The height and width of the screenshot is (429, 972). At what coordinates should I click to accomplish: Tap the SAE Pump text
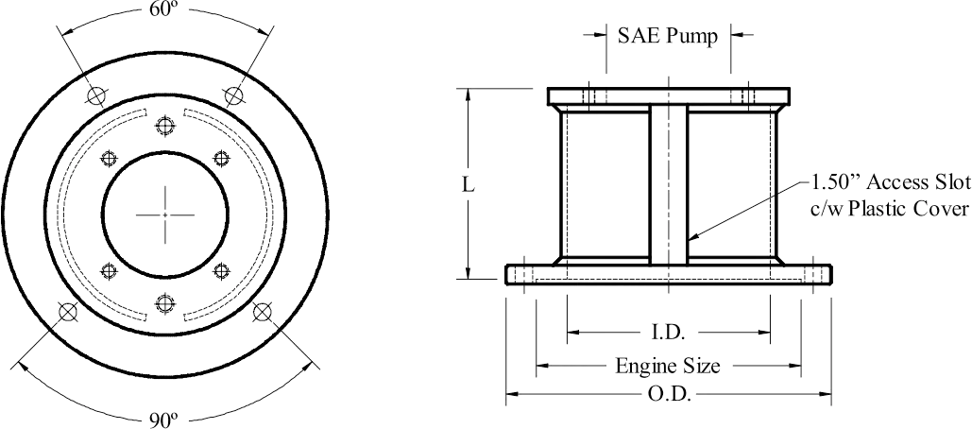pyautogui.click(x=668, y=36)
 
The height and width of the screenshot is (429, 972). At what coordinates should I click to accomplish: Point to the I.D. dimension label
pyautogui.click(x=668, y=333)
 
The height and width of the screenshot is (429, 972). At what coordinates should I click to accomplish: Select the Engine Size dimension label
pyautogui.click(x=669, y=366)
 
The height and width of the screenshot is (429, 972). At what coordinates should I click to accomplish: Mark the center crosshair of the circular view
pyautogui.click(x=165, y=214)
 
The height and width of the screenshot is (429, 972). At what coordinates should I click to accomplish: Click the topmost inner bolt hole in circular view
pyautogui.click(x=166, y=127)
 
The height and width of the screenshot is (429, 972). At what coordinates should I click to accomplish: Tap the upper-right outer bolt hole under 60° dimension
pyautogui.click(x=233, y=94)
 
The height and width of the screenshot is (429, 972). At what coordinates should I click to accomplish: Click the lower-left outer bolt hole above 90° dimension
pyautogui.click(x=67, y=312)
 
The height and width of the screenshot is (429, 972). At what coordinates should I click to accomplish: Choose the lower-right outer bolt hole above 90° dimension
pyautogui.click(x=264, y=312)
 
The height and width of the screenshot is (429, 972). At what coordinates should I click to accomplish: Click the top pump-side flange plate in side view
pyautogui.click(x=668, y=96)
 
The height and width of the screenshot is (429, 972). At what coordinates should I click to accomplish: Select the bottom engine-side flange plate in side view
pyautogui.click(x=669, y=275)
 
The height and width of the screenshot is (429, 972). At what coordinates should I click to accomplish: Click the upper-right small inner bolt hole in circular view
pyautogui.click(x=221, y=158)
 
